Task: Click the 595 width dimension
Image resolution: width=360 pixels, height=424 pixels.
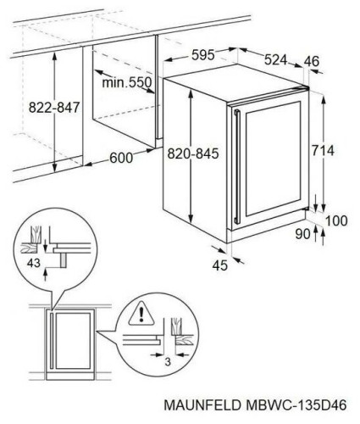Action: pyautogui.click(x=203, y=55)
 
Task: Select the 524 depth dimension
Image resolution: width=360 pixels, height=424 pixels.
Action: pyautogui.click(x=275, y=59)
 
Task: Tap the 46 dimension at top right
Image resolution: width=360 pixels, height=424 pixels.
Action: pyautogui.click(x=312, y=61)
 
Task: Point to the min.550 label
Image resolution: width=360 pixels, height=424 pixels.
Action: pyautogui.click(x=127, y=82)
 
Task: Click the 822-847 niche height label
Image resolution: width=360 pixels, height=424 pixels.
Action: pyautogui.click(x=54, y=108)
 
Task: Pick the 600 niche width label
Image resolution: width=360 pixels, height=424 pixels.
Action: pyautogui.click(x=121, y=158)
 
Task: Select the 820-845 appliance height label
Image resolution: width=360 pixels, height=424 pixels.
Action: pyautogui.click(x=193, y=153)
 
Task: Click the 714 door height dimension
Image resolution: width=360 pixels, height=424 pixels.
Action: pyautogui.click(x=323, y=150)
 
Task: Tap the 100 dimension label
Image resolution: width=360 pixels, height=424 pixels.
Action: pyautogui.click(x=336, y=220)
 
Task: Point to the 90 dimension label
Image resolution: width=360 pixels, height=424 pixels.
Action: pyautogui.click(x=302, y=234)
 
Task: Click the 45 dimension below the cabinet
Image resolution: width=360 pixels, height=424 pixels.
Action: pyautogui.click(x=219, y=265)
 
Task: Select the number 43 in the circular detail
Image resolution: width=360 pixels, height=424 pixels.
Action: pyautogui.click(x=34, y=263)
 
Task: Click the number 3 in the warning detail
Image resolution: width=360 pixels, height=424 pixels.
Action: pyautogui.click(x=168, y=361)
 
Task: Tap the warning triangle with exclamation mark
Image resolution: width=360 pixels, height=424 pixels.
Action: pyautogui.click(x=141, y=314)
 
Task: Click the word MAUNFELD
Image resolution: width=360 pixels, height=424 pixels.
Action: pyautogui.click(x=202, y=405)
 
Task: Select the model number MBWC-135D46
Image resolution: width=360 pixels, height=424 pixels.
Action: pyautogui.click(x=296, y=405)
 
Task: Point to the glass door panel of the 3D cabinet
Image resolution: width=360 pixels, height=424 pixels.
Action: pyautogui.click(x=273, y=159)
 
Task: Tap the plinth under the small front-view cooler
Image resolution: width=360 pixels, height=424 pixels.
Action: pyautogui.click(x=70, y=376)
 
